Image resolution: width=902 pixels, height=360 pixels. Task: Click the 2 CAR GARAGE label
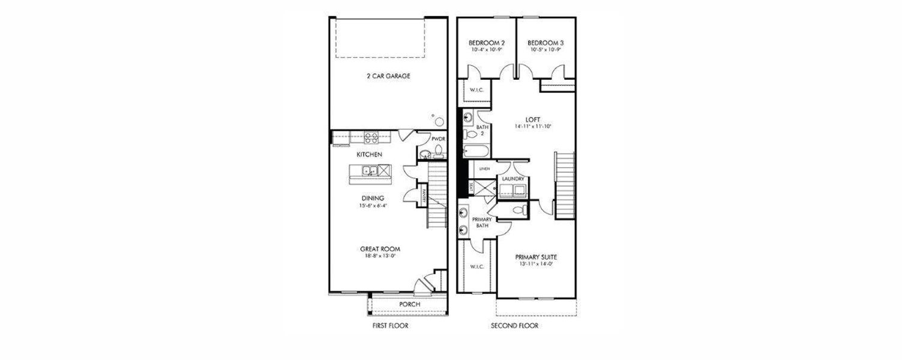(x=388, y=76)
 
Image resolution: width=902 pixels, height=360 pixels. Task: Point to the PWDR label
(x=439, y=139)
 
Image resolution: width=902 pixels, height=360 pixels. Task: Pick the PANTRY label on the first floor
(x=424, y=196)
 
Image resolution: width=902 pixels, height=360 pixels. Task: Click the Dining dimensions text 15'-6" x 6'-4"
(x=373, y=206)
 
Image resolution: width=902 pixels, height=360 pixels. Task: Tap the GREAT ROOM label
(x=380, y=249)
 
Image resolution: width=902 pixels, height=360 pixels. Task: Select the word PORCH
(x=410, y=304)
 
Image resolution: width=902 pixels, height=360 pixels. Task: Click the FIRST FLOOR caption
(x=390, y=326)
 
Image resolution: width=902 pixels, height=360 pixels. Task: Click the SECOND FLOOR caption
(x=514, y=326)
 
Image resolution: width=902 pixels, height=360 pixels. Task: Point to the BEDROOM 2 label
(x=486, y=43)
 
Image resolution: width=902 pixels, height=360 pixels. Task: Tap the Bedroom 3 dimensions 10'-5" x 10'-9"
(x=546, y=50)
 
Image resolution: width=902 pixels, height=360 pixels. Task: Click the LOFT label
(x=532, y=119)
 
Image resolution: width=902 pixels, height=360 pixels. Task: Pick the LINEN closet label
(x=484, y=169)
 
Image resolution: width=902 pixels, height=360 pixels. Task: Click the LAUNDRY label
(x=513, y=179)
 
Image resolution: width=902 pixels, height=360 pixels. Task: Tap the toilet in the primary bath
(x=520, y=211)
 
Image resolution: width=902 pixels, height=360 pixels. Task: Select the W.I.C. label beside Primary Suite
(x=477, y=266)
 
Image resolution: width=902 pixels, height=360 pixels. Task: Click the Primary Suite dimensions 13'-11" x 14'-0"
(x=536, y=263)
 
